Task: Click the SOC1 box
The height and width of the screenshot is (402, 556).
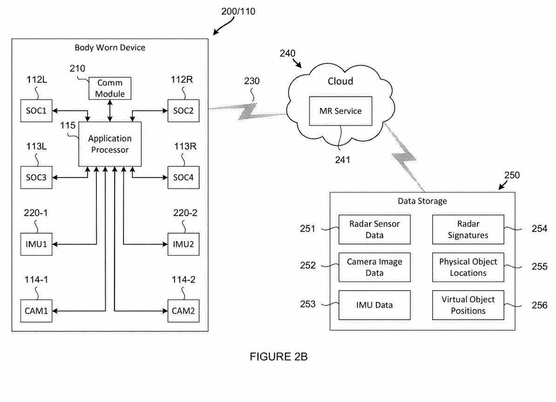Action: (x=36, y=112)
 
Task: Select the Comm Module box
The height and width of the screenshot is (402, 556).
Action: (x=110, y=88)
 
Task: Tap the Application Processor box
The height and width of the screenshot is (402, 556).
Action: (x=110, y=144)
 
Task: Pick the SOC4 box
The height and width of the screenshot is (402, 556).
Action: (x=183, y=177)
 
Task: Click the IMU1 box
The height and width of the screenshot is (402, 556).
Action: (x=36, y=244)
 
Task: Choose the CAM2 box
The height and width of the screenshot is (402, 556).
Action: (x=183, y=310)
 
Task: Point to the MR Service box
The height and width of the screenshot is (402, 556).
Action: (x=340, y=111)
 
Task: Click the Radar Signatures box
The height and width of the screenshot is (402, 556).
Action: (x=468, y=229)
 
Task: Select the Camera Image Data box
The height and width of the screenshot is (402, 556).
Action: (x=374, y=267)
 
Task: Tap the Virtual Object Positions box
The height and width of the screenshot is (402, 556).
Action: (x=468, y=305)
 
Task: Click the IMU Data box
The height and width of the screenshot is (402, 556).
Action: (x=374, y=305)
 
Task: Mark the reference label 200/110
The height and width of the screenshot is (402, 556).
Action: (x=238, y=12)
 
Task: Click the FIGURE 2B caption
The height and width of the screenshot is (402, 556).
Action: (x=278, y=357)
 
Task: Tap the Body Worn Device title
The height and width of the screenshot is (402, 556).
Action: (x=110, y=47)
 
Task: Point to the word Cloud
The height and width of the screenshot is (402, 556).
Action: (x=340, y=81)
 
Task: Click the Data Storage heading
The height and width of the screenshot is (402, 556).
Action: (x=422, y=201)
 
